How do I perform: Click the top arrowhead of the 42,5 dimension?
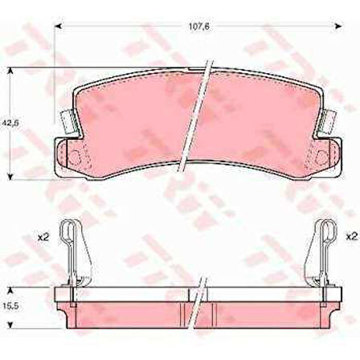(10, 72)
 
